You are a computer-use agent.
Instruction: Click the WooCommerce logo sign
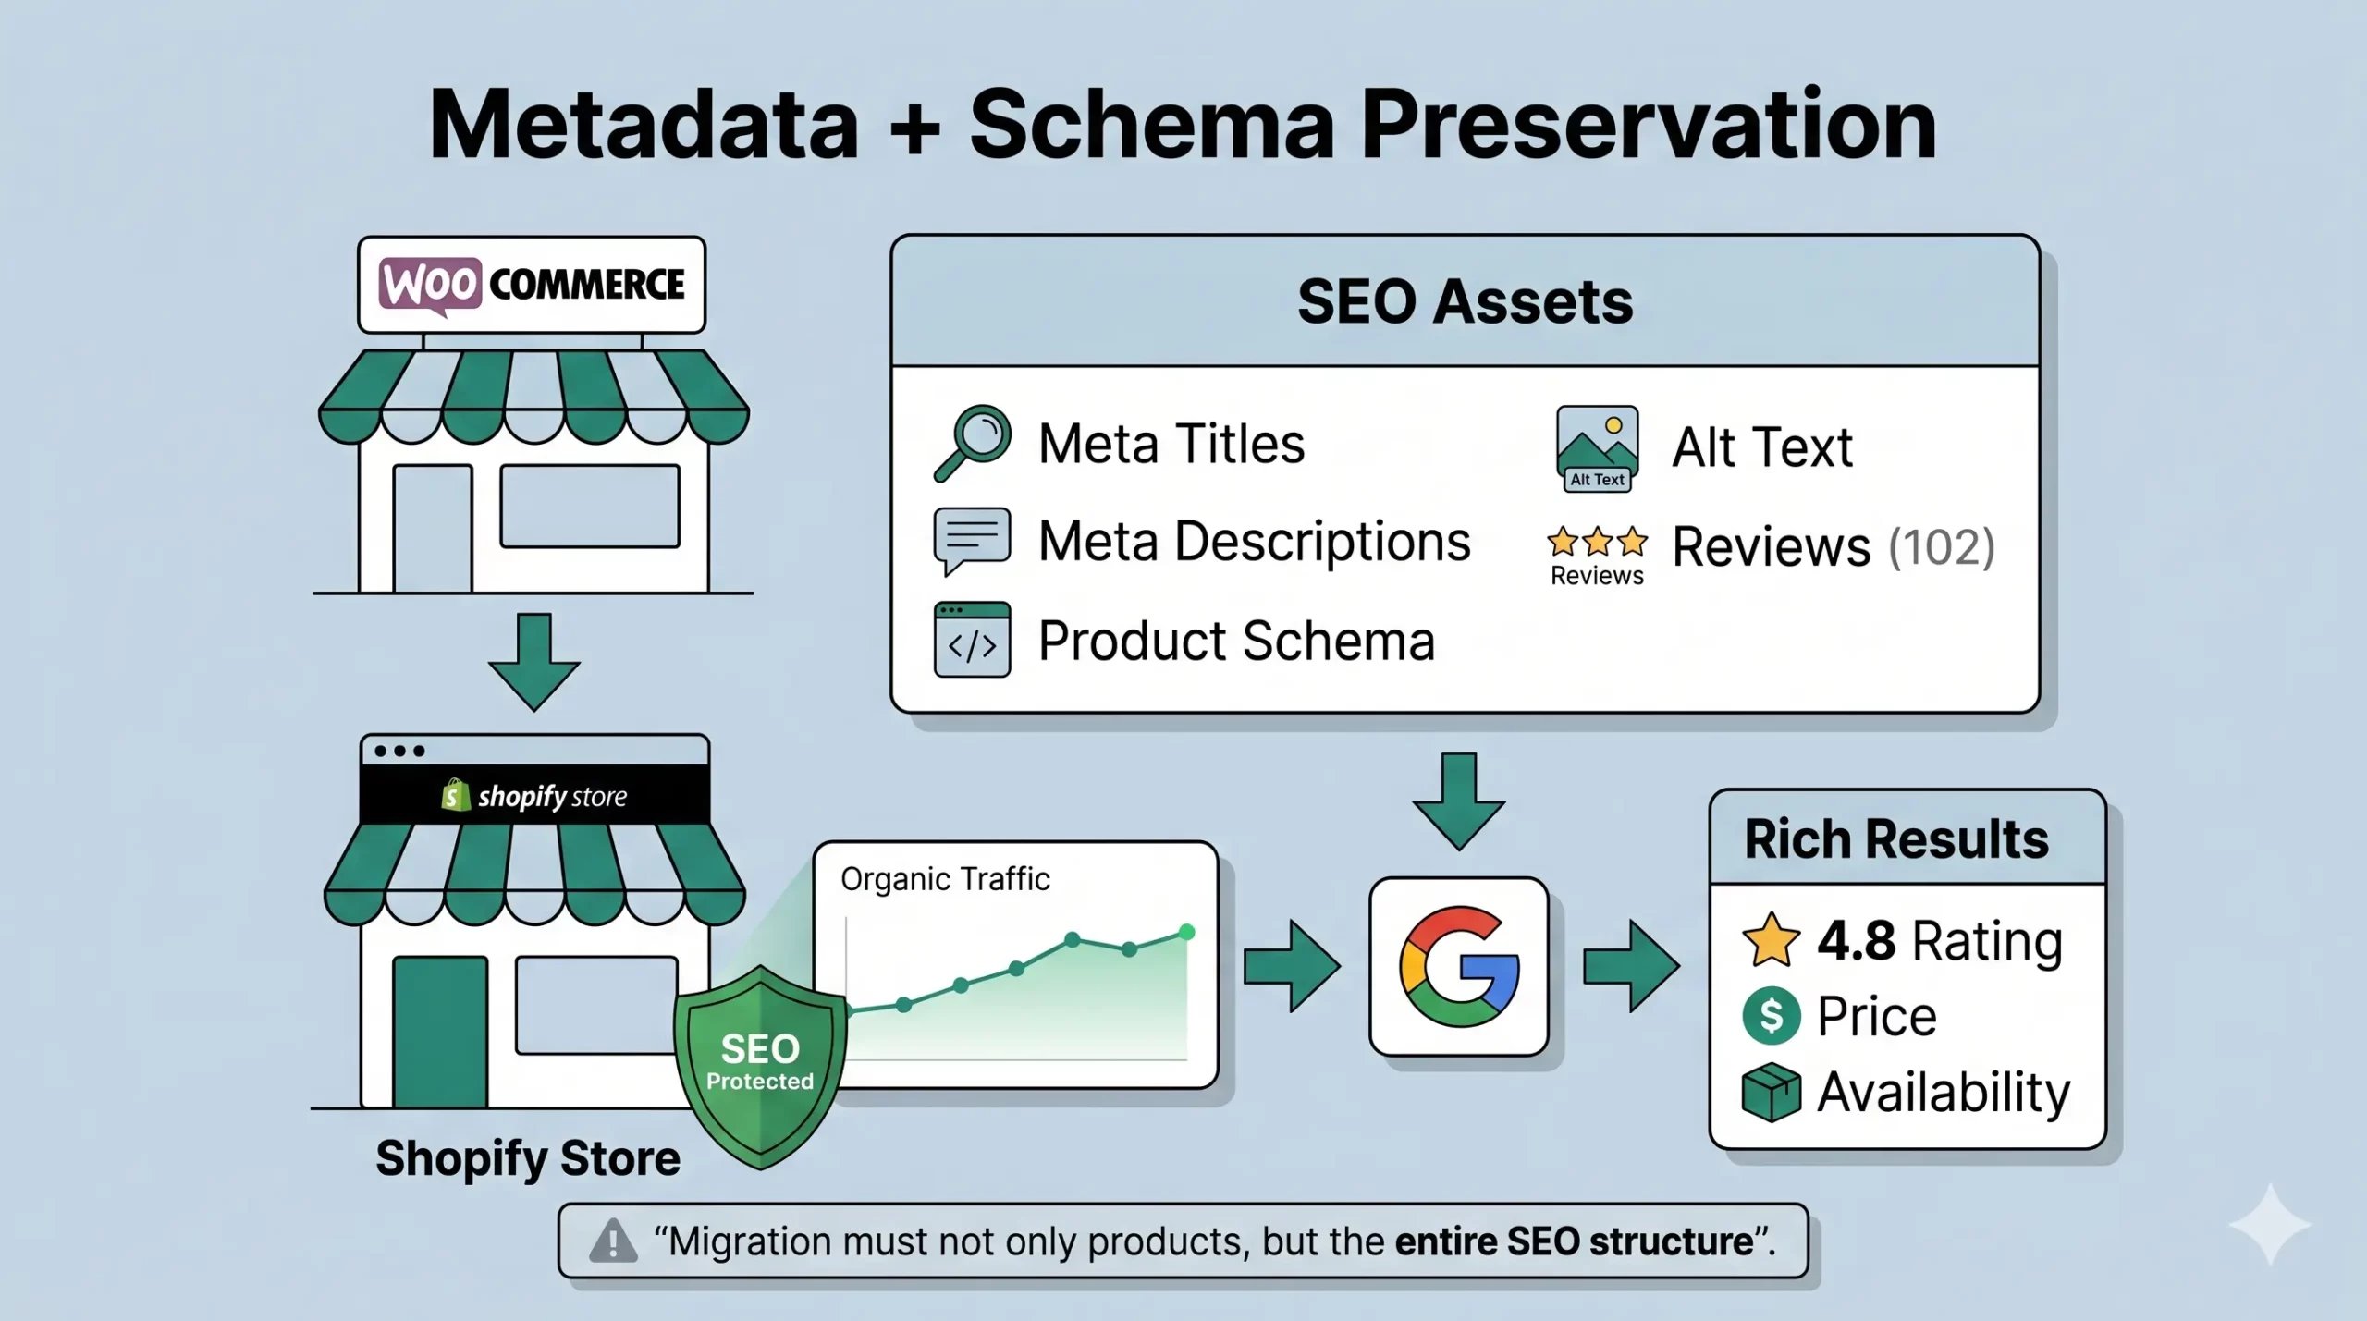pyautogui.click(x=532, y=284)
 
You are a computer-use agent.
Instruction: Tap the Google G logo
pyautogui.click(x=1459, y=966)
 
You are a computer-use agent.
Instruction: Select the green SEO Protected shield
pyautogui.click(x=760, y=1067)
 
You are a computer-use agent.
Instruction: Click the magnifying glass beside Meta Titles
pyautogui.click(x=972, y=443)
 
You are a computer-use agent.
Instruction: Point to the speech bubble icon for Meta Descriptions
pyautogui.click(x=972, y=541)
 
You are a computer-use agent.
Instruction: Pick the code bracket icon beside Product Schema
pyautogui.click(x=972, y=640)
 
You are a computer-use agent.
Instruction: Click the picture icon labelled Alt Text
pyautogui.click(x=1597, y=448)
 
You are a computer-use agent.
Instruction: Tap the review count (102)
pyautogui.click(x=1941, y=546)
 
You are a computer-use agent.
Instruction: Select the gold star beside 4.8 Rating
pyautogui.click(x=1771, y=940)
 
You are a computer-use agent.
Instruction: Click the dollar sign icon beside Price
pyautogui.click(x=1771, y=1016)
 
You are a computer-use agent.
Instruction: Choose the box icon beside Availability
pyautogui.click(x=1771, y=1093)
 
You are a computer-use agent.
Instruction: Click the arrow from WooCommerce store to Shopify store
pyautogui.click(x=533, y=662)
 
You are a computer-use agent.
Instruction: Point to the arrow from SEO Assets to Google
pyautogui.click(x=1458, y=801)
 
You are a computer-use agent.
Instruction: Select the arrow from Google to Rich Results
pyautogui.click(x=1631, y=966)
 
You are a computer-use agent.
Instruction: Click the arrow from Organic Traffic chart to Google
pyautogui.click(x=1292, y=966)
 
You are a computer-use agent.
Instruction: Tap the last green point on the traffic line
pyautogui.click(x=1186, y=933)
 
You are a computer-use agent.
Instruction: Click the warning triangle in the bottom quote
pyautogui.click(x=613, y=1241)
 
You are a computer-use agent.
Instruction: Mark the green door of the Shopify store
pyautogui.click(x=440, y=1032)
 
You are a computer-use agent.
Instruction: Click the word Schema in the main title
pyautogui.click(x=1152, y=125)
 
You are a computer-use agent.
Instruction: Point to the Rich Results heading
pyautogui.click(x=1896, y=839)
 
